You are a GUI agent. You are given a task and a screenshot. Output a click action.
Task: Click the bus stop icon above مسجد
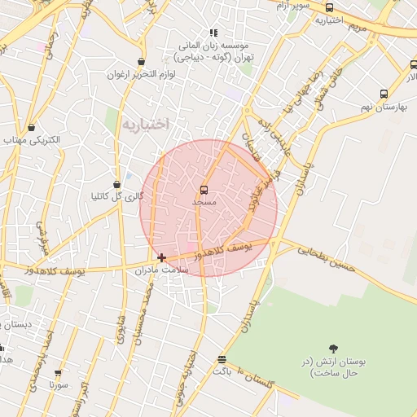tap(204, 190)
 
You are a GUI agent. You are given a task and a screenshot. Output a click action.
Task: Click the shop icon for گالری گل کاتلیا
tap(117, 184)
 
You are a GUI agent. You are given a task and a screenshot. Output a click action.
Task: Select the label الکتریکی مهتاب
tap(32, 140)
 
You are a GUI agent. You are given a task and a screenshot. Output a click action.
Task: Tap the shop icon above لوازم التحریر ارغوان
tap(142, 62)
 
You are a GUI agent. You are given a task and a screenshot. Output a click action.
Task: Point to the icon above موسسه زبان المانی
tap(213, 33)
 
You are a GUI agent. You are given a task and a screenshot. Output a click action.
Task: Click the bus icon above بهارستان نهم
tap(384, 94)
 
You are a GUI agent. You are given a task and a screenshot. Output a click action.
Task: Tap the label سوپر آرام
tap(292, 7)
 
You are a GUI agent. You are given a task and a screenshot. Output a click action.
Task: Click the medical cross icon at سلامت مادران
tap(161, 257)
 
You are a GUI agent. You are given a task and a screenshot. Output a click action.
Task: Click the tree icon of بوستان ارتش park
tap(333, 349)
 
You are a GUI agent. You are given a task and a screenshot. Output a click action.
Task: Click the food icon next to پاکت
tap(222, 359)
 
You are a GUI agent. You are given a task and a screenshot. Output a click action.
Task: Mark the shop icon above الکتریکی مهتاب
tap(32, 127)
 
